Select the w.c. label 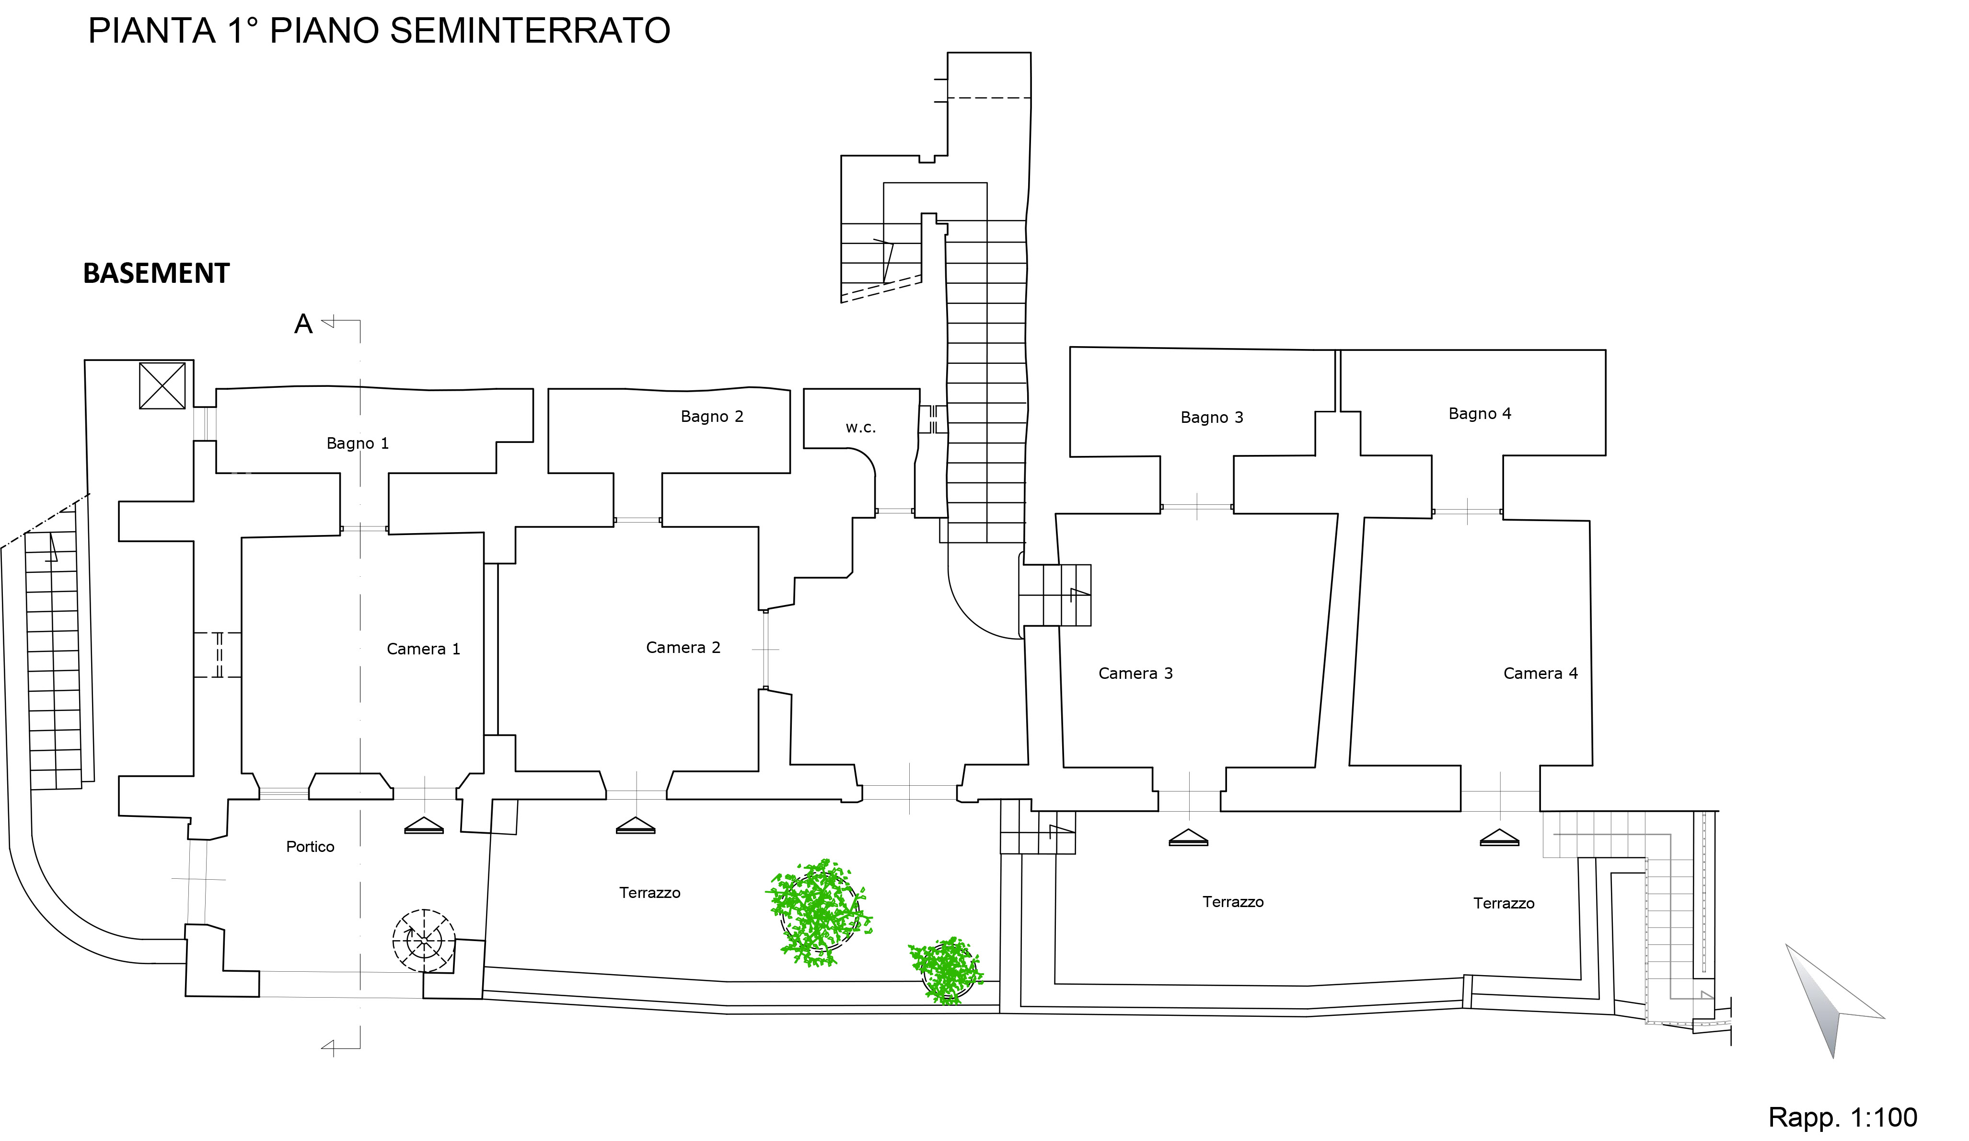[x=860, y=428]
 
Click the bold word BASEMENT [x=156, y=274]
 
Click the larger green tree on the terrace [x=819, y=913]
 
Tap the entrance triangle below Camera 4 [x=1499, y=838]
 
